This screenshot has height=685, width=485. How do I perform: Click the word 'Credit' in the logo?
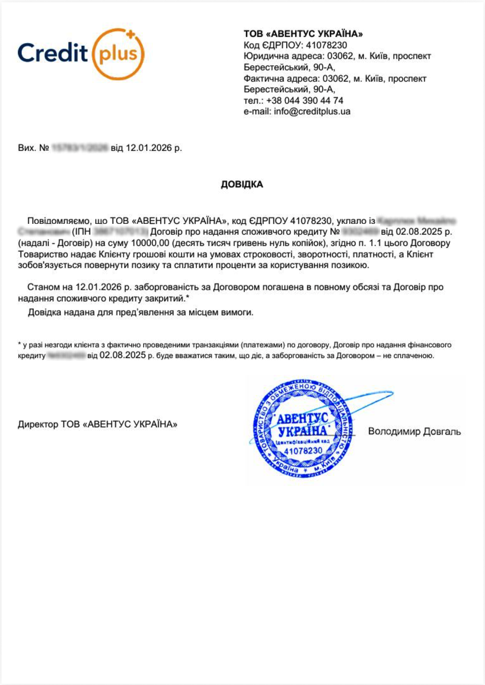(x=53, y=53)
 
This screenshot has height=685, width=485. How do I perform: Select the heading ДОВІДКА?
(x=242, y=185)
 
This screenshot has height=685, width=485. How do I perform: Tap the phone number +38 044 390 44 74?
(x=304, y=101)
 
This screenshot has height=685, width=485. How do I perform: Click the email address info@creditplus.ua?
(x=312, y=112)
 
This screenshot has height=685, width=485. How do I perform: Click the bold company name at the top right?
(x=303, y=34)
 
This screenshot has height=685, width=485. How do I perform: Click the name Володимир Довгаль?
(x=414, y=431)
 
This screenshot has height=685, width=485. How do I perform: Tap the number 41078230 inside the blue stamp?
(x=303, y=450)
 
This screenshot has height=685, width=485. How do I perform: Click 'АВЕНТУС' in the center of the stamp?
(x=303, y=418)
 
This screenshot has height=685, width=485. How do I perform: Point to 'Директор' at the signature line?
(x=38, y=425)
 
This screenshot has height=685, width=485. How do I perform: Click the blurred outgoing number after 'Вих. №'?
(x=79, y=148)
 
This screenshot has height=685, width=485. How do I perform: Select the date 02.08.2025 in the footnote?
(x=123, y=355)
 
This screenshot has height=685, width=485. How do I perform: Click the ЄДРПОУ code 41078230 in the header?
(x=326, y=45)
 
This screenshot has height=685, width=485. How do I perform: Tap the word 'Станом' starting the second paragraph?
(x=42, y=287)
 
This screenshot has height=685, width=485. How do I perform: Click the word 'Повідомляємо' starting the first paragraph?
(x=58, y=221)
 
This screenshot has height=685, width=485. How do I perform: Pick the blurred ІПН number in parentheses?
(x=121, y=232)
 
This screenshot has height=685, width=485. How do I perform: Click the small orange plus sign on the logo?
(x=131, y=34)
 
